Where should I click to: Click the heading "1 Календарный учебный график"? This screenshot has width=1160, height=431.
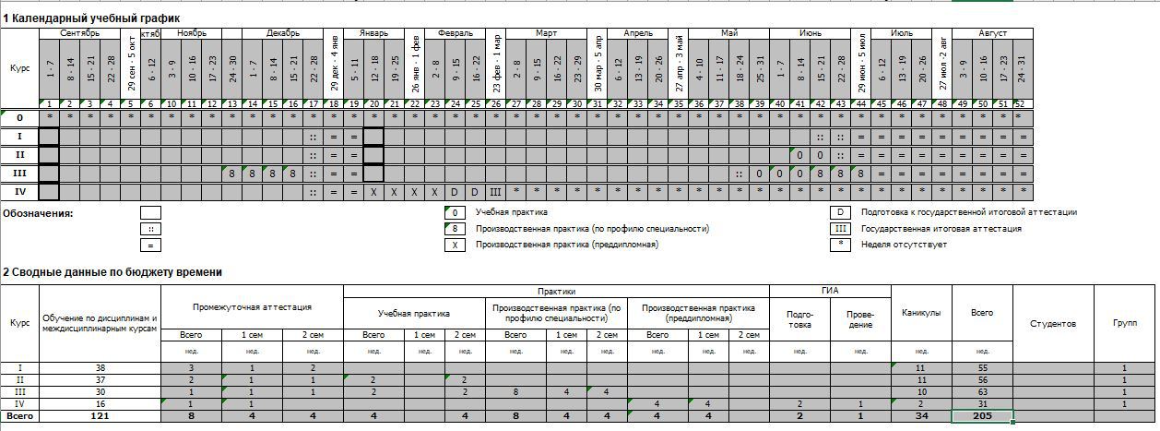[x=91, y=18]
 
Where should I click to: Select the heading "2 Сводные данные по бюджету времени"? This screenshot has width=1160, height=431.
[x=112, y=272]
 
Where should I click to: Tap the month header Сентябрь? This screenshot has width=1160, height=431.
[x=79, y=33]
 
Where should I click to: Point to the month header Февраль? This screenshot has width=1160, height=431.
[x=456, y=33]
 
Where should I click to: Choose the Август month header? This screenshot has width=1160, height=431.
[x=992, y=33]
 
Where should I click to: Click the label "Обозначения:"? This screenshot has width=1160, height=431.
[x=38, y=213]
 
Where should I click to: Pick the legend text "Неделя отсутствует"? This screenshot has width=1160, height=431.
[x=904, y=245]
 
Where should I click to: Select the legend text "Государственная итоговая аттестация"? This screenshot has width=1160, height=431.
[x=941, y=229]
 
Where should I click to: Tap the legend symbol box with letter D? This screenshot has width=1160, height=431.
[x=840, y=212]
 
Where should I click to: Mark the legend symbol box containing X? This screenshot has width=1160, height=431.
[x=455, y=245]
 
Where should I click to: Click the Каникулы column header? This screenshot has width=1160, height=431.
[x=921, y=313]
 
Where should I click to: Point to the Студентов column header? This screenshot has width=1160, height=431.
[x=1053, y=324]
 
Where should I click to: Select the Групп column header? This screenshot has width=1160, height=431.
[x=1125, y=324]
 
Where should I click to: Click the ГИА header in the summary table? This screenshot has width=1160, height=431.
[x=829, y=291]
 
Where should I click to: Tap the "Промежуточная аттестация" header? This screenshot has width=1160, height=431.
[x=252, y=307]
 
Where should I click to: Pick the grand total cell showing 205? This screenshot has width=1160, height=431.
[x=982, y=416]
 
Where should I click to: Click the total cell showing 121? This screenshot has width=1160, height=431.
[x=101, y=416]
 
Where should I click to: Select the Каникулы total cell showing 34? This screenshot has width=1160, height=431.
[x=921, y=416]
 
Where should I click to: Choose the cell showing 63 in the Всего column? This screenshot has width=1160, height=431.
[x=982, y=392]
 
